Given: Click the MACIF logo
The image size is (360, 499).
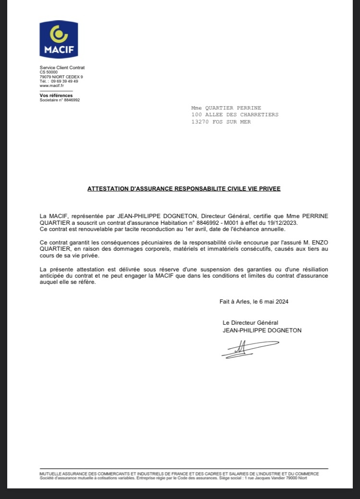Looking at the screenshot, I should point(59,39).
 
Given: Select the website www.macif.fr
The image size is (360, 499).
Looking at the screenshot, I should point(51,85).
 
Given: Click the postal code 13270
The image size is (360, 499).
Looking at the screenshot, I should point(201,122).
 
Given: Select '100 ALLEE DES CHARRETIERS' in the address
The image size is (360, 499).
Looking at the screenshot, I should point(235,115).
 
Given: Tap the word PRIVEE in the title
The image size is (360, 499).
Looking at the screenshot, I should point(269,189).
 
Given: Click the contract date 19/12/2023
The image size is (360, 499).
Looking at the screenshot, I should point(284,222).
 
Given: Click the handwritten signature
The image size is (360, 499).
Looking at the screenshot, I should point(249,348).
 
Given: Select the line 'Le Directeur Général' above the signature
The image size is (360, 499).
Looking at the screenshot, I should point(250,323).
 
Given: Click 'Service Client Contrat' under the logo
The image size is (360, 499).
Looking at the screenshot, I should point(62,68).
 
